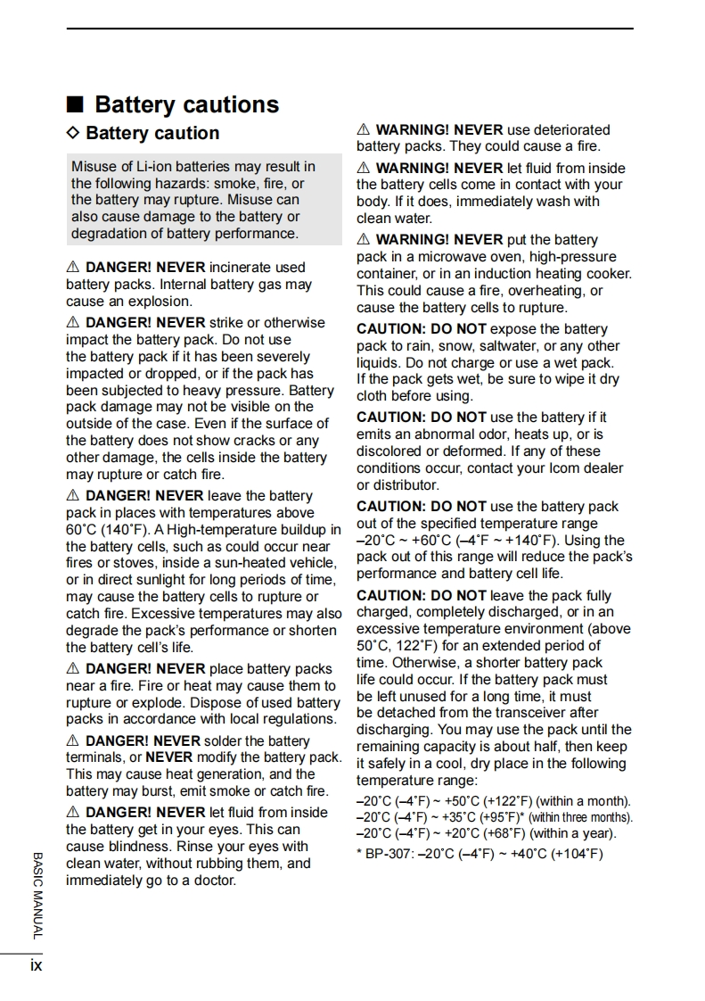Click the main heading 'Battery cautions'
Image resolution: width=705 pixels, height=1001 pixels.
pyautogui.click(x=186, y=104)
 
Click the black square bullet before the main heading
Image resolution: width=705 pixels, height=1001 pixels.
pyautogui.click(x=76, y=104)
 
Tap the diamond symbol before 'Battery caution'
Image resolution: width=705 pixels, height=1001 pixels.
pyautogui.click(x=73, y=133)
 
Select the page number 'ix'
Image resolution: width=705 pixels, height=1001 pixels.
pyautogui.click(x=36, y=964)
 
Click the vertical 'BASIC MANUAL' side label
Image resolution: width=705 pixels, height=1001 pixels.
pyautogui.click(x=37, y=894)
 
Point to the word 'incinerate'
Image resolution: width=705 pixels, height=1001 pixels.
pyautogui.click(x=242, y=267)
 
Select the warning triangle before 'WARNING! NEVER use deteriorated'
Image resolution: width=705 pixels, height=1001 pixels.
pyautogui.click(x=363, y=130)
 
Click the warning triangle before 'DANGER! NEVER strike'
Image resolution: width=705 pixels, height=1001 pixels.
pyautogui.click(x=73, y=323)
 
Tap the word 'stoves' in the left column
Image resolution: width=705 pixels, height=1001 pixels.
pyautogui.click(x=121, y=563)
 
